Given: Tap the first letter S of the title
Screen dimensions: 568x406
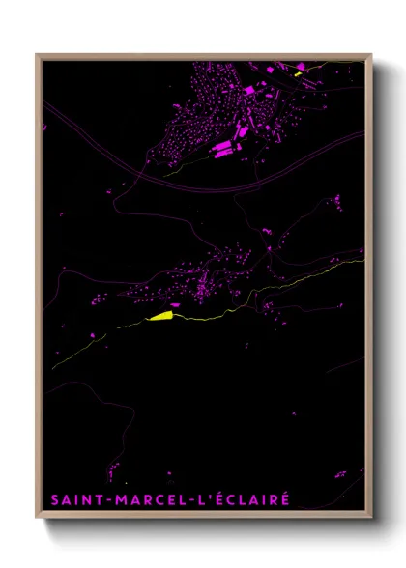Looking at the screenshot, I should (53, 499).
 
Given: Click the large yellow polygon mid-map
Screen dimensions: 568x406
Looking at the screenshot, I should (159, 314).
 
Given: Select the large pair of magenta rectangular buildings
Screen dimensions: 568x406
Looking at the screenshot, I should (221, 148).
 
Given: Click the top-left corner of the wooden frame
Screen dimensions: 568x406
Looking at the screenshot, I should (38, 55).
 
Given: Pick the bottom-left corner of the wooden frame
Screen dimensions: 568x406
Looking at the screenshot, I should (38, 519).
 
